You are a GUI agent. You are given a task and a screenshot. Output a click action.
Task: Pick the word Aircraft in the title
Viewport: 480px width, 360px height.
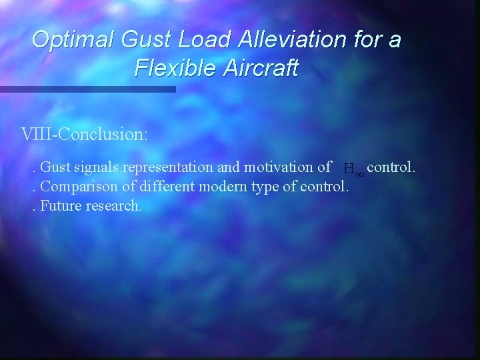point(260,68)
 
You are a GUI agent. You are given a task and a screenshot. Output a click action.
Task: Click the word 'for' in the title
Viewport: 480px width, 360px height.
point(367,40)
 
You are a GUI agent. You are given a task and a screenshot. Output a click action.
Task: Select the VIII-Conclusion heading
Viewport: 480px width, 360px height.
point(85,134)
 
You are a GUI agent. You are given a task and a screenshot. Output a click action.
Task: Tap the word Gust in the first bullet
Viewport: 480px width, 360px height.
point(55,167)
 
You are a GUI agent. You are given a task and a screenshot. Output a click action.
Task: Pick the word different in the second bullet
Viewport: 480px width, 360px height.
point(164,186)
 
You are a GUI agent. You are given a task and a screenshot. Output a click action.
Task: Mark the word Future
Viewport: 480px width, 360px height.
point(60,205)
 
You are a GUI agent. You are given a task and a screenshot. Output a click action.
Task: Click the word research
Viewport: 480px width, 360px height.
point(113,205)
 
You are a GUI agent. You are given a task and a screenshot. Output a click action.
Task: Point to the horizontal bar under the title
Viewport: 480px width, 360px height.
point(87,89)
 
